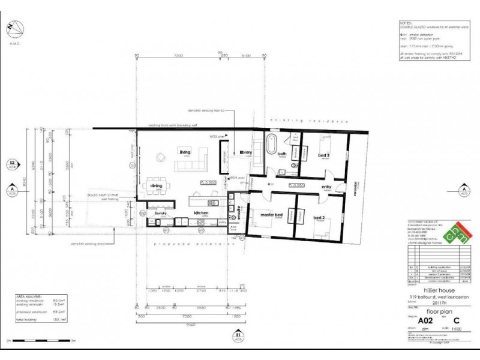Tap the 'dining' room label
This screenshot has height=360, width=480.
pos(156,186)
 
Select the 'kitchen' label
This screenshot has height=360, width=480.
pos(200,213)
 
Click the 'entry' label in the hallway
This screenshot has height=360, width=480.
pos(326,187)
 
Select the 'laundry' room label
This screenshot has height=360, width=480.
pos(160,214)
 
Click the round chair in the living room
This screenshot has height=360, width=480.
pos(161,158)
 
